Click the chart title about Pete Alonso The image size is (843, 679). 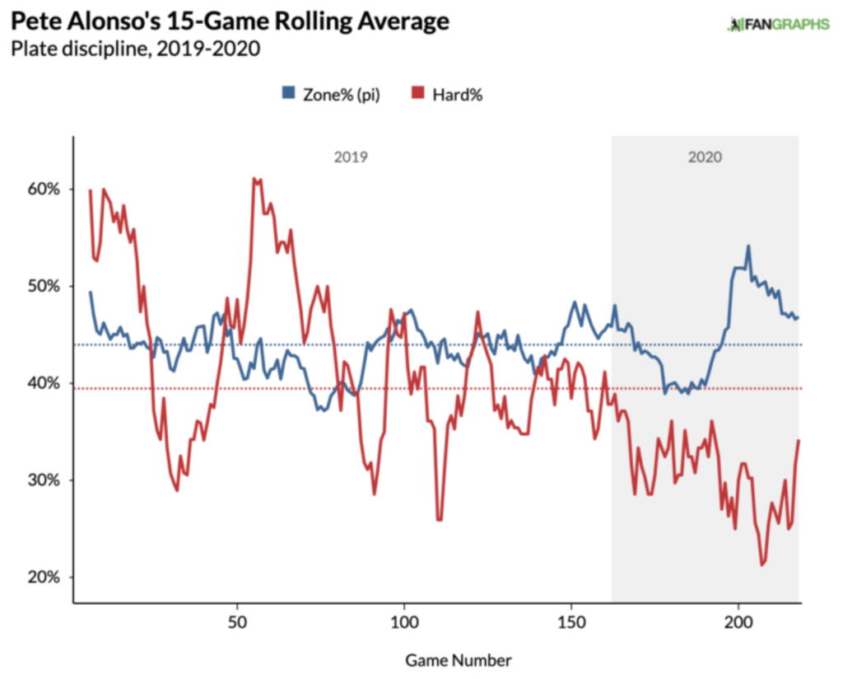pos(230,21)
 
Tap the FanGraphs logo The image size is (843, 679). pos(777,24)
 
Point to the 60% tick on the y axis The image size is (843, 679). pos(42,190)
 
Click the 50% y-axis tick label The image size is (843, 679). pos(42,287)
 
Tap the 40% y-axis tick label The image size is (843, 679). pos(42,383)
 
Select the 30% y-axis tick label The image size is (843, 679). pos(42,480)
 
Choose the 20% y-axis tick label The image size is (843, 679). pos(42,577)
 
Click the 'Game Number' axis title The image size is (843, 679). pos(458,660)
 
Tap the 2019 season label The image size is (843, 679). pos(351,157)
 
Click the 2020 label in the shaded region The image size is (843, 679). pos(705,157)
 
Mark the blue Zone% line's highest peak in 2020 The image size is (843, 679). pos(748,246)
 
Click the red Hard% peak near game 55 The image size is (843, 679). pos(254,178)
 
